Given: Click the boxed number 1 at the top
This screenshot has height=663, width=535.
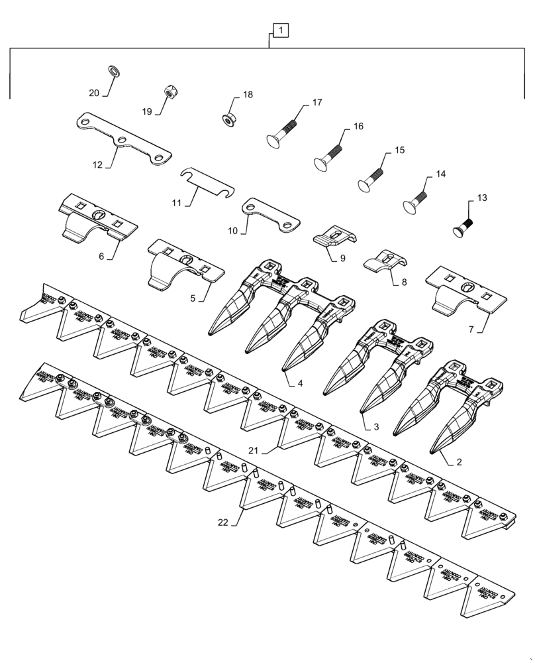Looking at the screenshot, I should pyautogui.click(x=279, y=30).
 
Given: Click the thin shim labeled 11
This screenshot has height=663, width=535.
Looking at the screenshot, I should pyautogui.click(x=207, y=182).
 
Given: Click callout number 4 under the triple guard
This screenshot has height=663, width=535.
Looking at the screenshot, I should pyautogui.click(x=300, y=383).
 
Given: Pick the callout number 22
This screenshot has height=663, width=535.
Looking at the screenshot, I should pyautogui.click(x=223, y=522).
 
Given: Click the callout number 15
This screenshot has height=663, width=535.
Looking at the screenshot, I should pyautogui.click(x=399, y=151).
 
